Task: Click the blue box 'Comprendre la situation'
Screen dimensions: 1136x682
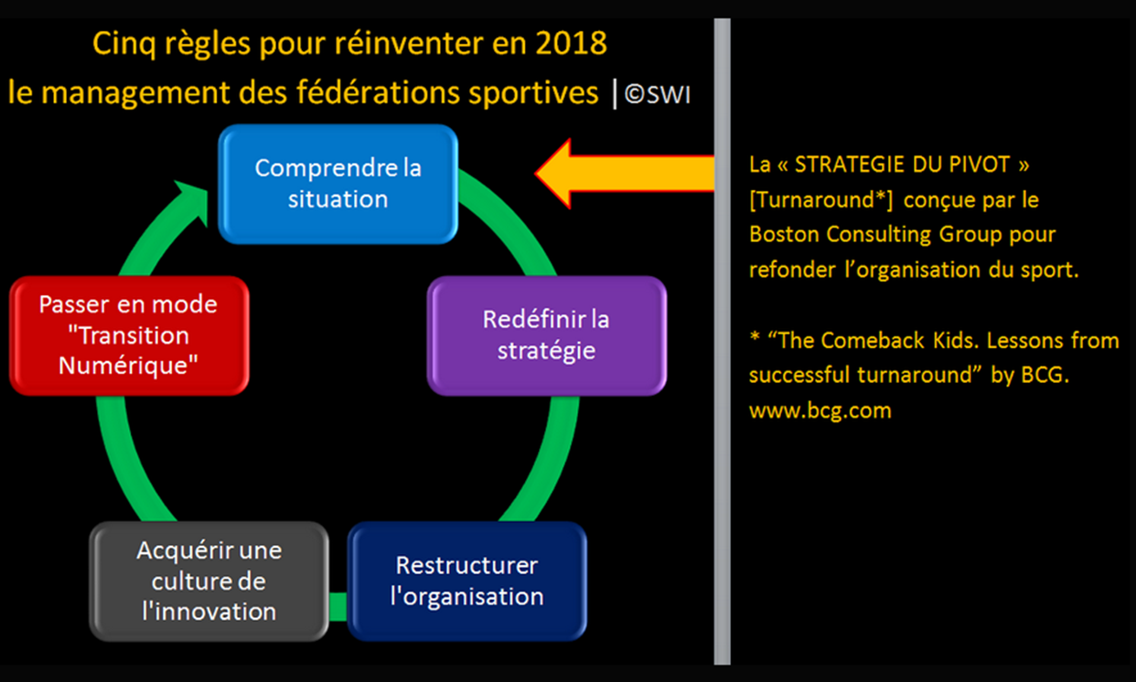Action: (x=338, y=184)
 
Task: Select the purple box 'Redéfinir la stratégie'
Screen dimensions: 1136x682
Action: (x=547, y=336)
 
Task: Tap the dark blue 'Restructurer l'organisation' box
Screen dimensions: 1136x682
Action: (x=467, y=581)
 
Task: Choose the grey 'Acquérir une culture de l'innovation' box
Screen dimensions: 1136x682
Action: (x=209, y=581)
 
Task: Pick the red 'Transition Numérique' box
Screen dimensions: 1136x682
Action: (x=129, y=336)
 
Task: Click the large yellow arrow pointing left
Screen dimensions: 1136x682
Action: (x=625, y=174)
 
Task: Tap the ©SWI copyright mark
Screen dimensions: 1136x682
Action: (x=658, y=94)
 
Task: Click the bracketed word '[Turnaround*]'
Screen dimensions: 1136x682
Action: (x=821, y=200)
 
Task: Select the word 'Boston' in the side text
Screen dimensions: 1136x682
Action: (x=784, y=235)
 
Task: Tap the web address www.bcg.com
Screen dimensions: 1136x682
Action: (x=820, y=410)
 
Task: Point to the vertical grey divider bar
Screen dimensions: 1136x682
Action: (x=723, y=341)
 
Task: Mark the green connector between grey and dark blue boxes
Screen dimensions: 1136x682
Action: (x=338, y=606)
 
